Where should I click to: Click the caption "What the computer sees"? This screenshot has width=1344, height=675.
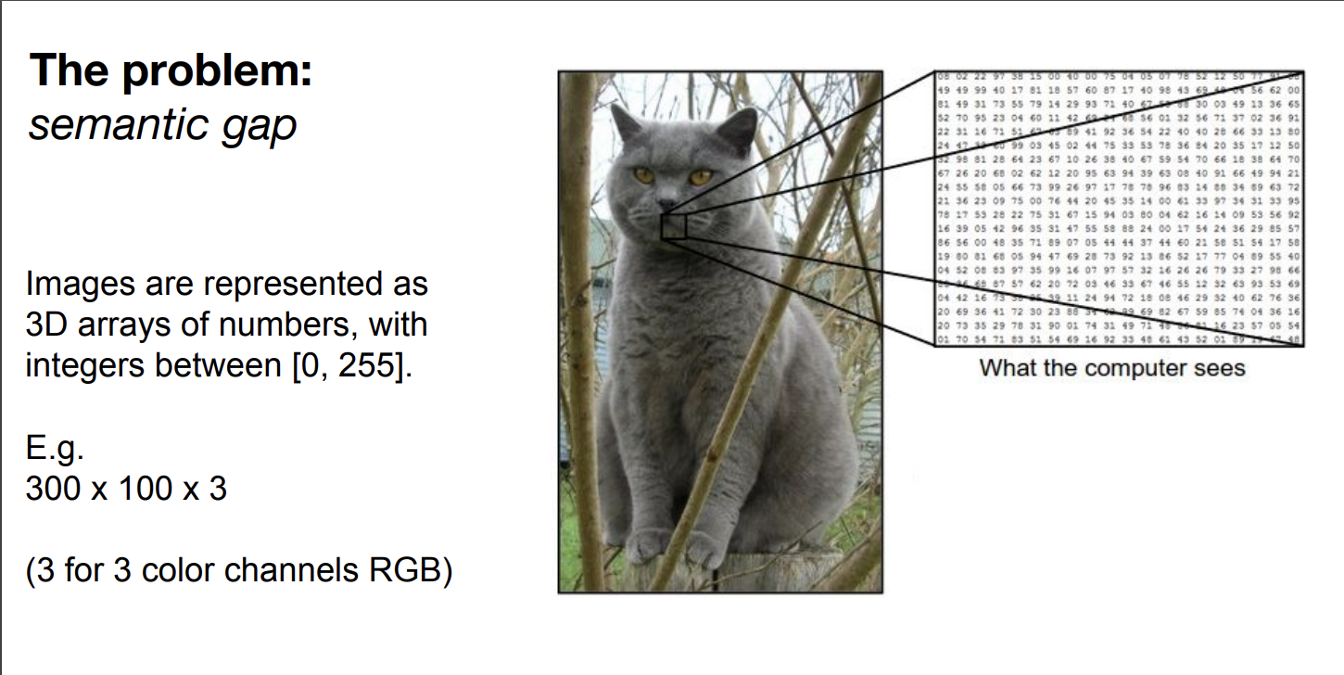[1112, 368]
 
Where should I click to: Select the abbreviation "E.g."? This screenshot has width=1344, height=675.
[55, 452]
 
